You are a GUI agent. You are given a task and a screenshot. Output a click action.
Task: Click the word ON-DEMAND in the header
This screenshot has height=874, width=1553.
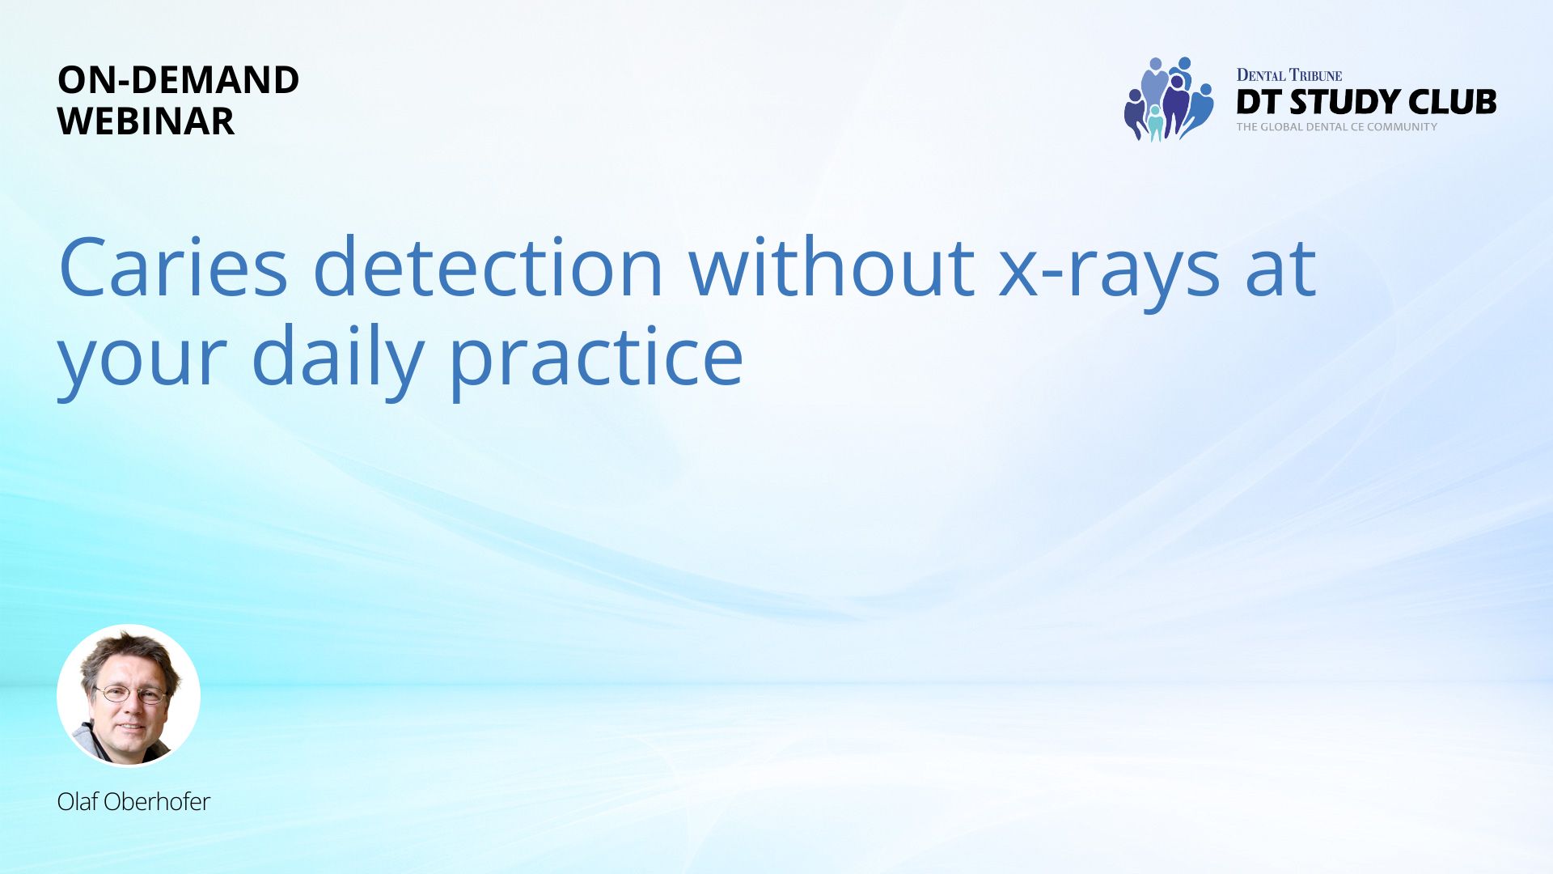(179, 80)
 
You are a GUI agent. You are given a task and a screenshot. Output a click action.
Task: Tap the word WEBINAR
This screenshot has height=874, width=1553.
(146, 121)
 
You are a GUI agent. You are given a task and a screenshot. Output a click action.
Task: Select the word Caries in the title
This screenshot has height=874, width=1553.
(173, 267)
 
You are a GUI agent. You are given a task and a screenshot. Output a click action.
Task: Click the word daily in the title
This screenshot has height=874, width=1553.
(337, 356)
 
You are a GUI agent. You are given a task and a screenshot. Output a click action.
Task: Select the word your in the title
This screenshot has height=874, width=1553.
(142, 364)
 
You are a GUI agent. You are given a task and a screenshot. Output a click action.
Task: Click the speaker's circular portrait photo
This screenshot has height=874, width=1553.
(129, 695)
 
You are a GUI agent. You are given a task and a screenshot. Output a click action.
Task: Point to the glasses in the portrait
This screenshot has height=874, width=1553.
(129, 694)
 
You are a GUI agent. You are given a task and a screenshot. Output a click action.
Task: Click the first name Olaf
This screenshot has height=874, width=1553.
(78, 801)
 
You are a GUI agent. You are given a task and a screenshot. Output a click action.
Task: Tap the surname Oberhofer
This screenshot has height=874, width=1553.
(157, 801)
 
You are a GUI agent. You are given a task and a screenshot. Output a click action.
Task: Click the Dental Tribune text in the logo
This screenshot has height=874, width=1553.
(1289, 75)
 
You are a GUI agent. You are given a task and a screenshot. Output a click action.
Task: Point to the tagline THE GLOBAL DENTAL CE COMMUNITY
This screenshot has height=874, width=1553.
(1336, 127)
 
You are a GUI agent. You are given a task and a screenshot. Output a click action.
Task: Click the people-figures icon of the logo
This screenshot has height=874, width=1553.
(1169, 99)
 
